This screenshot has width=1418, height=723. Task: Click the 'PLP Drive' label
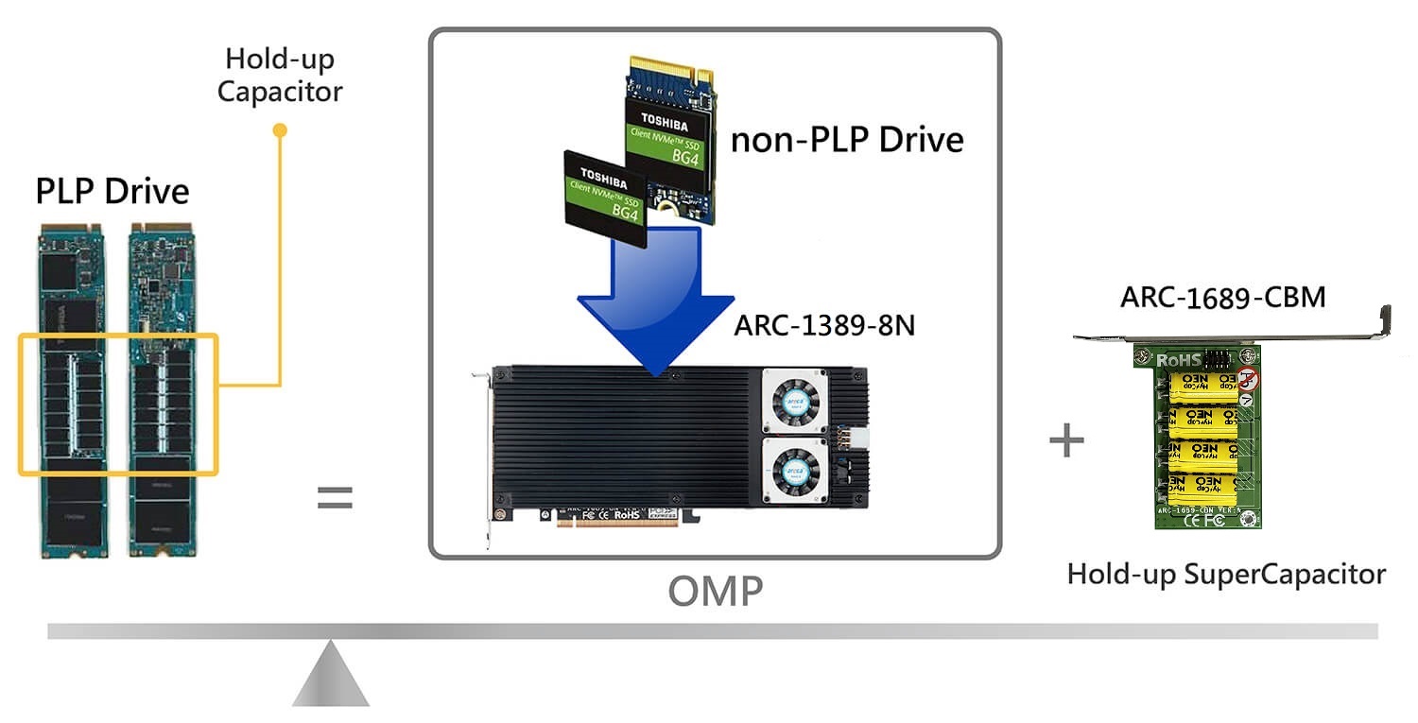tap(112, 191)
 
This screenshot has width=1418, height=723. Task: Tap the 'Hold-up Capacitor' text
tap(279, 76)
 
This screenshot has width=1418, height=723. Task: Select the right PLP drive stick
tap(164, 387)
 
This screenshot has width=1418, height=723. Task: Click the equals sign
tap(334, 498)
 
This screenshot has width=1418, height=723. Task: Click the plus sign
tap(1066, 441)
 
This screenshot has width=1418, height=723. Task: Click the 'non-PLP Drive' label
tap(847, 140)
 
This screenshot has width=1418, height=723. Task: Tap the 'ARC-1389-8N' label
tap(824, 326)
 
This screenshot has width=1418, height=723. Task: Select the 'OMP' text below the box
tap(715, 592)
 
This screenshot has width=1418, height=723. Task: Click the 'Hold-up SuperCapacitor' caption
tap(1226, 574)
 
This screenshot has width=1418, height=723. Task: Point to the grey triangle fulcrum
tap(330, 676)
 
